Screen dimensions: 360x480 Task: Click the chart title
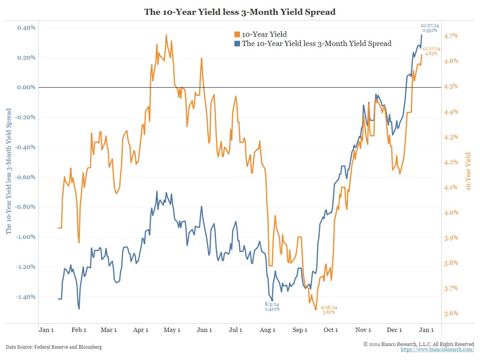coord(240,12)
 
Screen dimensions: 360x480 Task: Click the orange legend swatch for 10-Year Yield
coord(237,34)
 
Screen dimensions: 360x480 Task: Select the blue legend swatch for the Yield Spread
coord(237,44)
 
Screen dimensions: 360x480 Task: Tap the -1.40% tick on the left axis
coord(26,297)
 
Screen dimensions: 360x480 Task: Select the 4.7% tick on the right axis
coord(451,36)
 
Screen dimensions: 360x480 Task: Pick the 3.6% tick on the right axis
coord(451,313)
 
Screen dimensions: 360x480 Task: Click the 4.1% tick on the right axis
coord(451,187)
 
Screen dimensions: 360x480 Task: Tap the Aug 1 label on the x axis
coord(268,330)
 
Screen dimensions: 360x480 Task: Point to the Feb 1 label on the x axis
coord(79,330)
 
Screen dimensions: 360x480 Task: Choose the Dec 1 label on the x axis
coord(394,330)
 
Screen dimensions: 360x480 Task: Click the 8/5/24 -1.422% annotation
coord(272,306)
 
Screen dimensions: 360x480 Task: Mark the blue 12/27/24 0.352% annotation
coord(429,28)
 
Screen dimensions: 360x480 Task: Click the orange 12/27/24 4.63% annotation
coord(431,51)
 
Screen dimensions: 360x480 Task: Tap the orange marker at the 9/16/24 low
coord(316,309)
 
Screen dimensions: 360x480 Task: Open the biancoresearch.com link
coord(437,350)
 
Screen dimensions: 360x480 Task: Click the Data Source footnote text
coord(54,347)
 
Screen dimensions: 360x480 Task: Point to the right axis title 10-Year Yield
coord(468,170)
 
